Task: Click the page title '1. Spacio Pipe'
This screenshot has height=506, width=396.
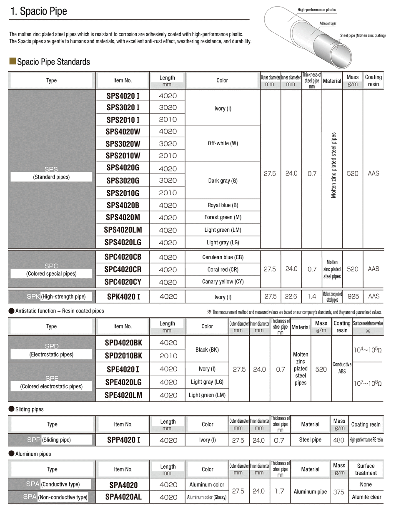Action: [38, 12]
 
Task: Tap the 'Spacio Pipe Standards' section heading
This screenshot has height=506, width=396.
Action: [53, 62]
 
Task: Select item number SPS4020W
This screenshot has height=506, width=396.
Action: [123, 131]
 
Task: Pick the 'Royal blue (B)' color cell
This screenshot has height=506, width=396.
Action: [223, 205]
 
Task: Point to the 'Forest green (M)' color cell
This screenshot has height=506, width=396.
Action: [223, 217]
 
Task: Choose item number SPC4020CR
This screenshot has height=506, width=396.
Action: [123, 269]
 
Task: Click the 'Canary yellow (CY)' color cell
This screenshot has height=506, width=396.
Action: [223, 282]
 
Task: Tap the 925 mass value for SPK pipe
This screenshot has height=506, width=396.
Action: [352, 297]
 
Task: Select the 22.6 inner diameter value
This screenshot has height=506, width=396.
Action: [291, 297]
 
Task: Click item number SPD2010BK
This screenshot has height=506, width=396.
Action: [123, 356]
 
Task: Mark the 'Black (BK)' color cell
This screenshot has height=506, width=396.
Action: [207, 350]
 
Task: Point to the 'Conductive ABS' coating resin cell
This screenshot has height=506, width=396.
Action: [342, 368]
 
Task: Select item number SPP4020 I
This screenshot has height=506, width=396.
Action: [123, 440]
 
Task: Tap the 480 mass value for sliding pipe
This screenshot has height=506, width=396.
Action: [339, 440]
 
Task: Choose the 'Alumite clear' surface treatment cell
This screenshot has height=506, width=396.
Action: [366, 497]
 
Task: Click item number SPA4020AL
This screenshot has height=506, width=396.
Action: [123, 497]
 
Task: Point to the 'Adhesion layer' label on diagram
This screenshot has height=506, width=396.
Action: [328, 24]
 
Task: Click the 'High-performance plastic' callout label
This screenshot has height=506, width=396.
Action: [316, 10]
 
